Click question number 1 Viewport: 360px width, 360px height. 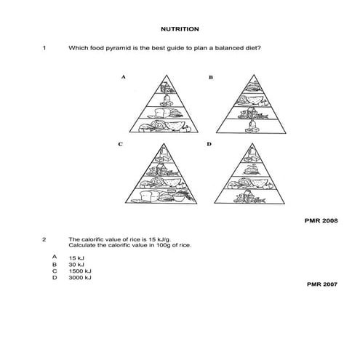point(44,49)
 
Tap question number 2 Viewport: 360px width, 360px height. point(44,239)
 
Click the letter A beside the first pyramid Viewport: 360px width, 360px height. point(124,76)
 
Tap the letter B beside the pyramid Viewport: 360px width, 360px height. point(210,76)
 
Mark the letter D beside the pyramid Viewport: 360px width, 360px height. point(209,144)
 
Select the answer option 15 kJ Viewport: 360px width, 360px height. point(76,258)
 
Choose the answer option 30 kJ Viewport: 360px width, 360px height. point(76,265)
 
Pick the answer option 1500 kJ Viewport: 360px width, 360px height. point(79,271)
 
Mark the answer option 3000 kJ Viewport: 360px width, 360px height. point(79,278)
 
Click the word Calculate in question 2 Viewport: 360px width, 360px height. point(81,245)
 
